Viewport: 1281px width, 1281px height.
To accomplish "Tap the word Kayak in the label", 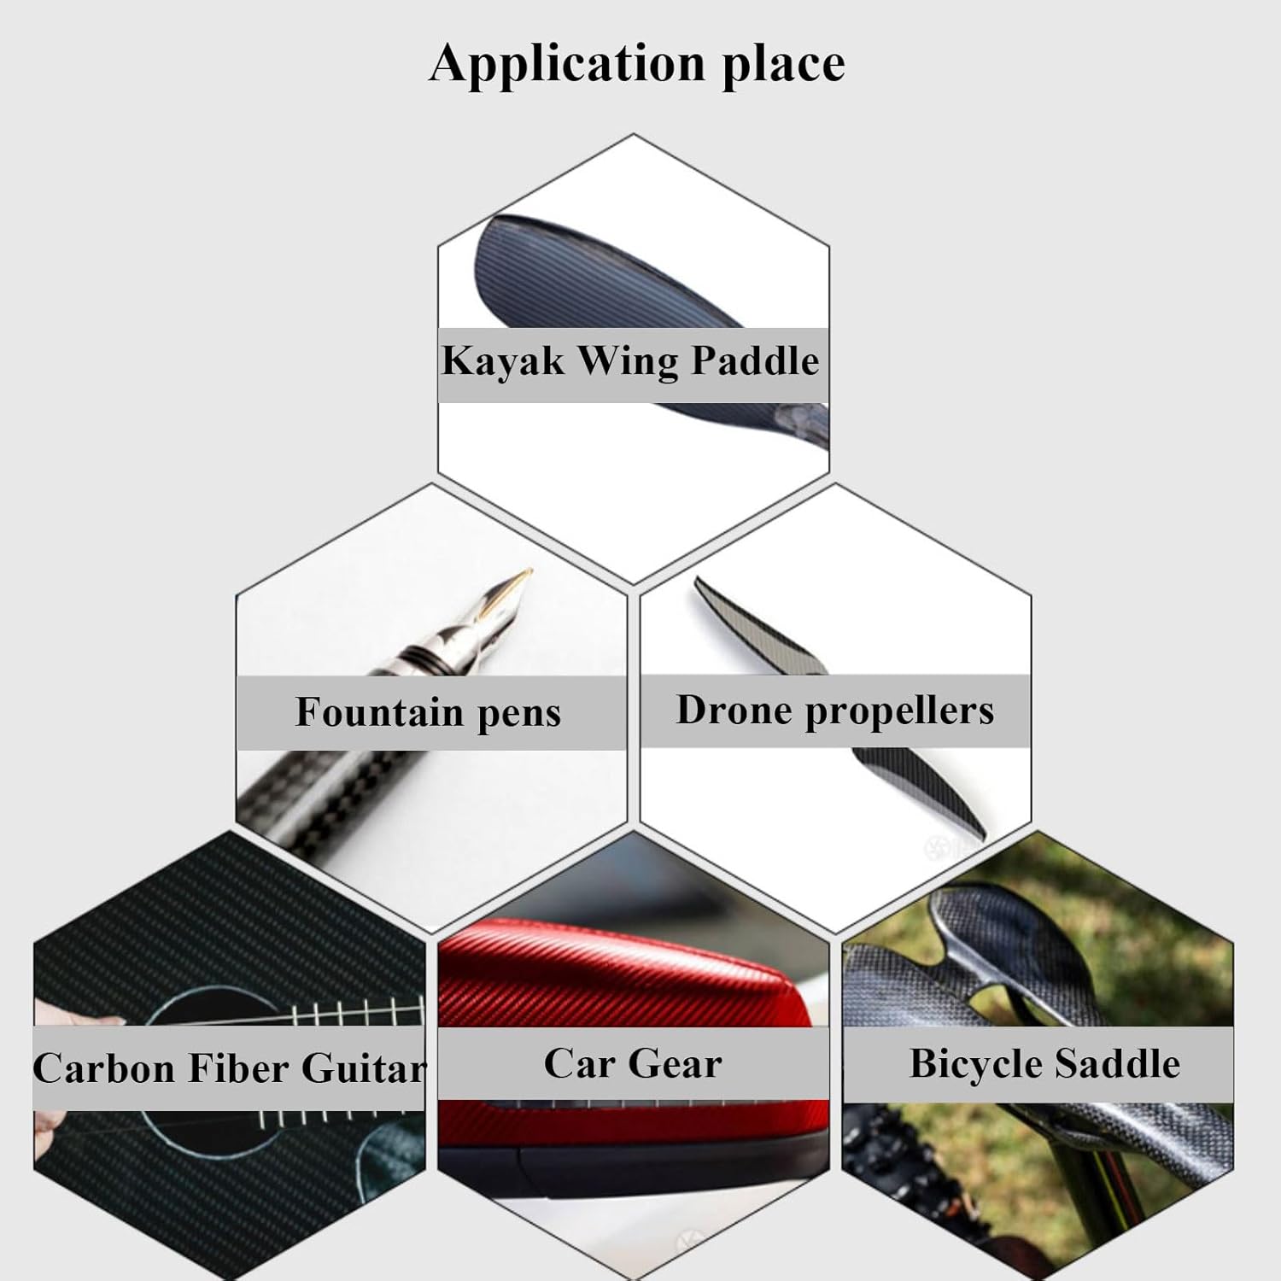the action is [502, 360].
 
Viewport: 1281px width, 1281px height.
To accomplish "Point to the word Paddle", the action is [755, 360].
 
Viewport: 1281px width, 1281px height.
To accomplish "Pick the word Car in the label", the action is [580, 1064].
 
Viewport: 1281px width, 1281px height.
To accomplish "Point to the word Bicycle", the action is [974, 1065].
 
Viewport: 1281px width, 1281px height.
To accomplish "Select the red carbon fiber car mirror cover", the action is [632, 982].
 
